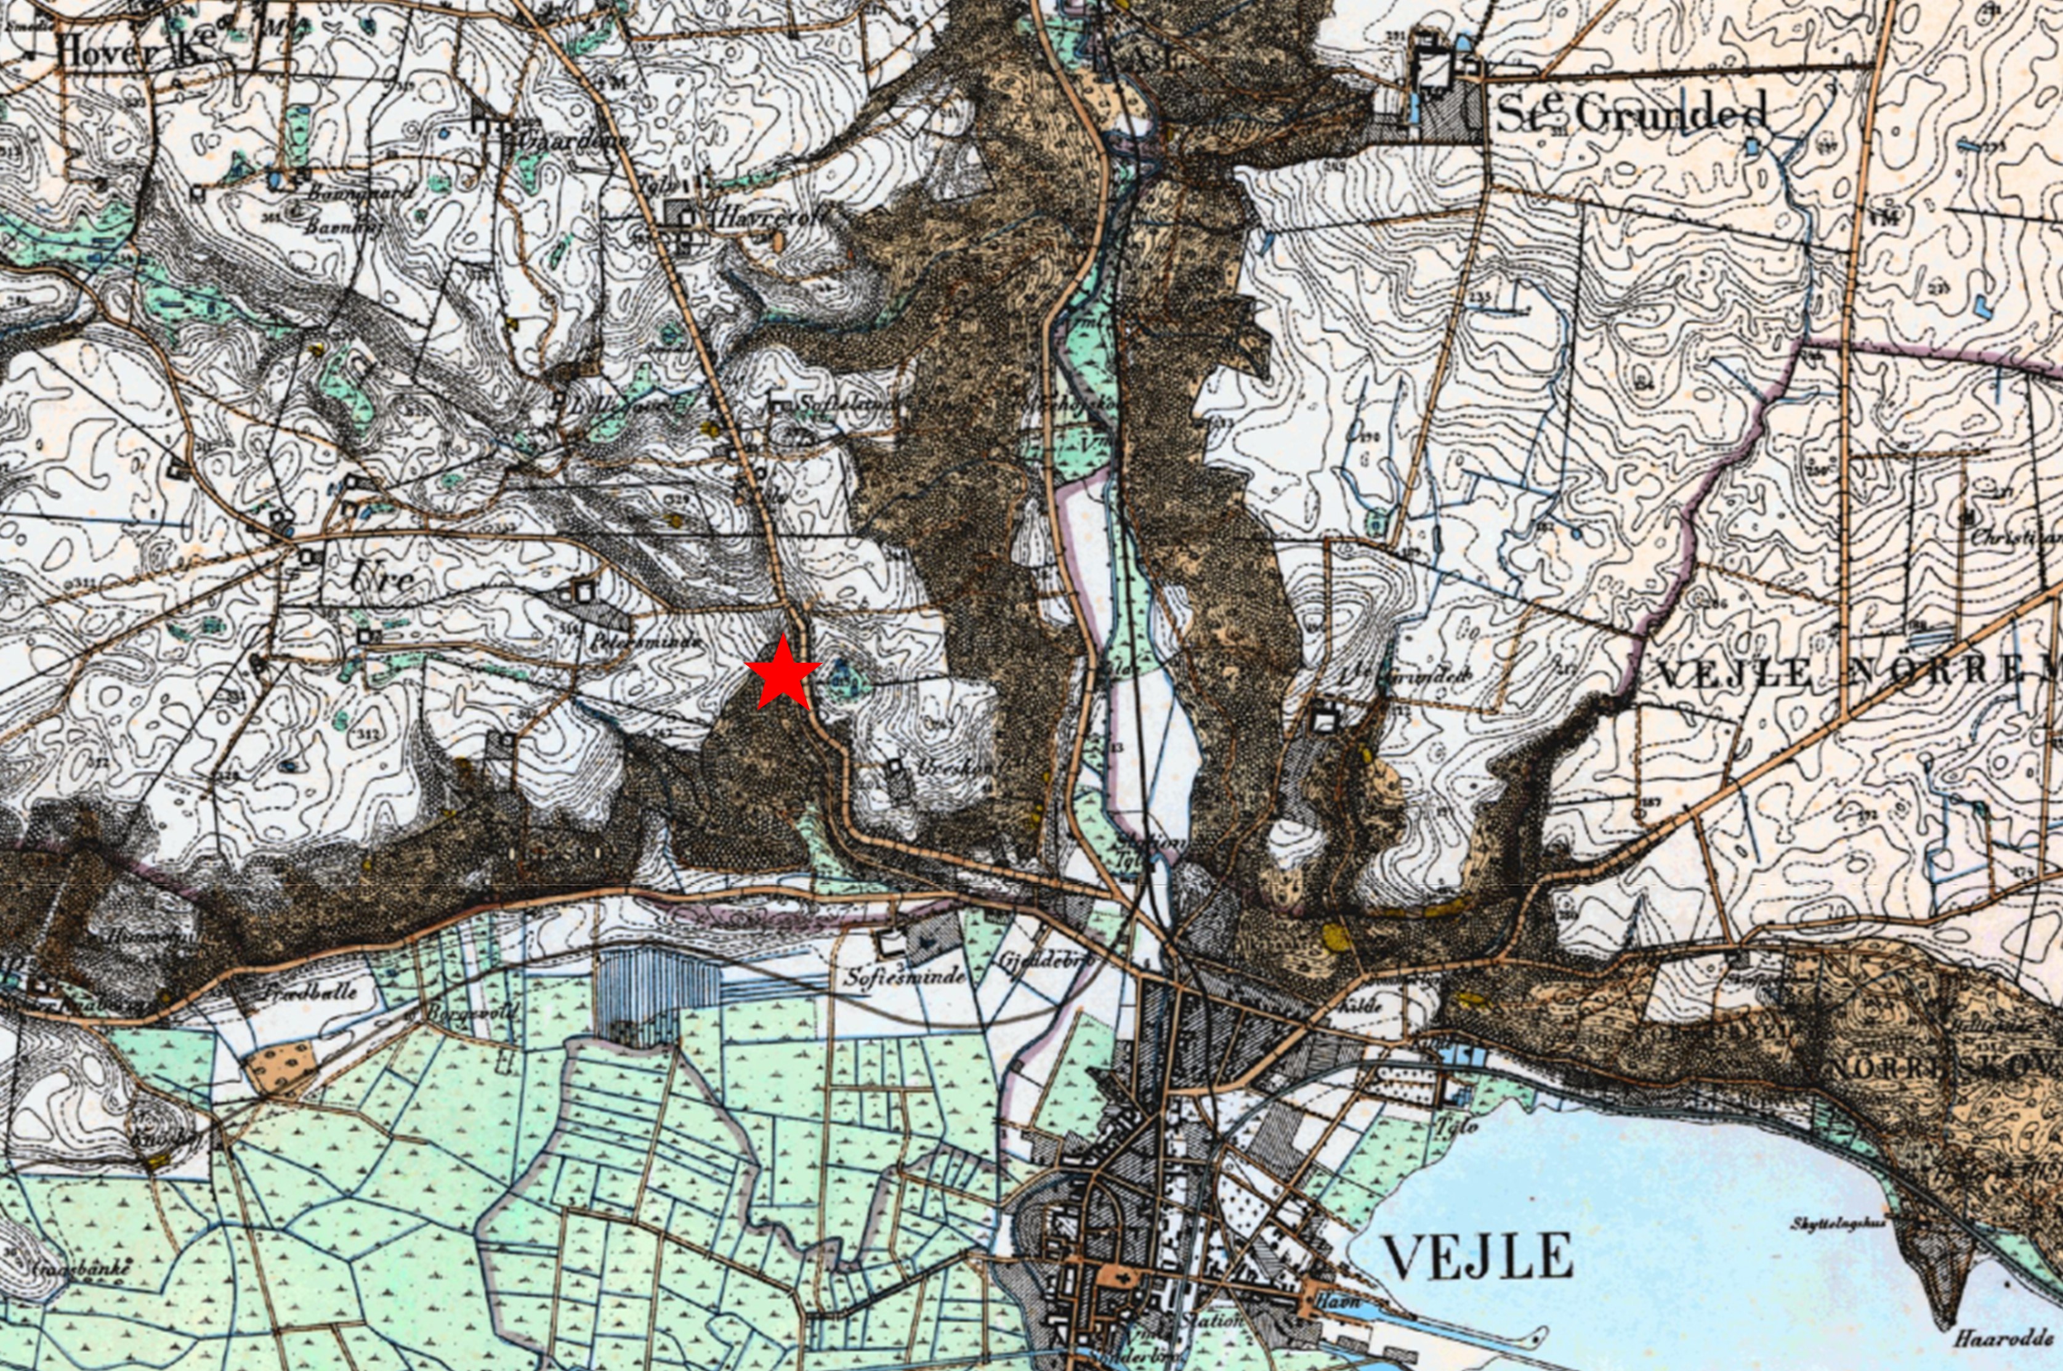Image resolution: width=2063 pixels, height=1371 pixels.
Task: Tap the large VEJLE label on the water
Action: (x=1477, y=1257)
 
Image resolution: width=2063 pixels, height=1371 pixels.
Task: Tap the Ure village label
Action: (x=381, y=577)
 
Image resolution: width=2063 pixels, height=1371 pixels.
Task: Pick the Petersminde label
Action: (x=646, y=641)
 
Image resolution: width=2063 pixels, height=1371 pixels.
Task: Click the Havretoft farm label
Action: (x=769, y=217)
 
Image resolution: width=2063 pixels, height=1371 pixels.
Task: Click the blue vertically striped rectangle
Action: (x=656, y=997)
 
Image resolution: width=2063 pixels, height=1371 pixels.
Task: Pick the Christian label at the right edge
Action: (x=2011, y=538)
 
